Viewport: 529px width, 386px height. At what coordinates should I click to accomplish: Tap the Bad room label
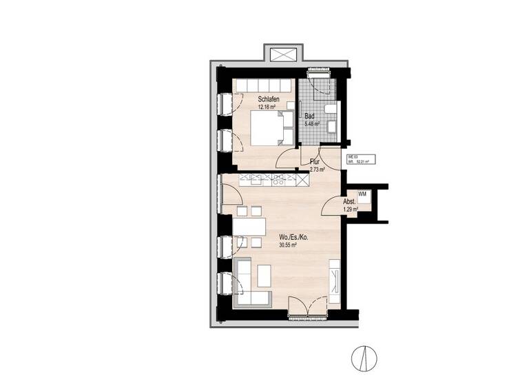tap(311, 116)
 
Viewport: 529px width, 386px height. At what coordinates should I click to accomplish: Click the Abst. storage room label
tap(349, 201)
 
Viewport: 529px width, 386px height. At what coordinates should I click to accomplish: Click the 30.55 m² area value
tap(287, 245)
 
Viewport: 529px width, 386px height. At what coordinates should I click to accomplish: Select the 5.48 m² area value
tap(313, 124)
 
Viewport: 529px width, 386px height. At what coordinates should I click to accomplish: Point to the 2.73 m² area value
tap(317, 169)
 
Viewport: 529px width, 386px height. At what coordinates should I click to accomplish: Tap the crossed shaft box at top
tap(282, 54)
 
